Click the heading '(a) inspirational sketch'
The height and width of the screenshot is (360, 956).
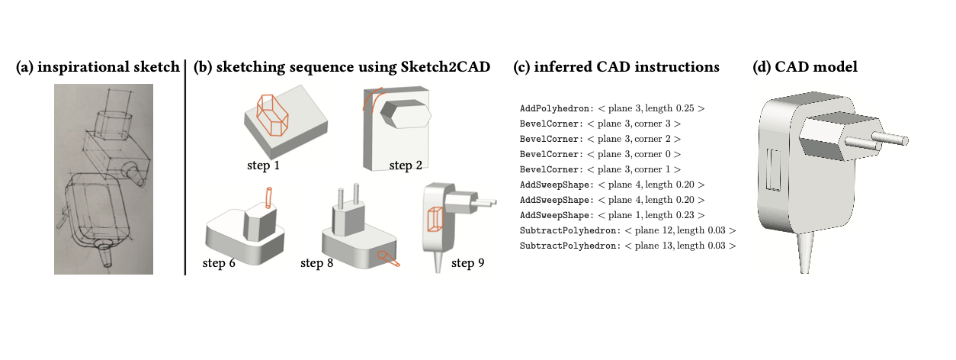click(98, 67)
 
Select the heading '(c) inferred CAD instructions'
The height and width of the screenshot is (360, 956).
click(616, 67)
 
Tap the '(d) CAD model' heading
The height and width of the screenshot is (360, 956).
click(805, 67)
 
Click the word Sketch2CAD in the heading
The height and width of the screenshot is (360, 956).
click(445, 67)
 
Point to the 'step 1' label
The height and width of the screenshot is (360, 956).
click(263, 166)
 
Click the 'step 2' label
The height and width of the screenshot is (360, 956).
click(406, 166)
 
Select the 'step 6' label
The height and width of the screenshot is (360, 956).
click(219, 262)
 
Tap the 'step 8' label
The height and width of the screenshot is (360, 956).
click(316, 262)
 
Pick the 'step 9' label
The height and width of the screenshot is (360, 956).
click(468, 262)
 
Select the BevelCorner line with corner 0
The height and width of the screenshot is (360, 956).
click(600, 154)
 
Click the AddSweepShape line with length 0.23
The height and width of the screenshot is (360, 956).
click(612, 215)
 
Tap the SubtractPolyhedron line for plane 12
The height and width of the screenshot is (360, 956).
click(627, 230)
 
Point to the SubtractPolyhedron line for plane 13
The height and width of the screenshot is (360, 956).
click(627, 246)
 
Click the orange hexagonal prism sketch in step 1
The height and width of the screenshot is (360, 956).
click(272, 115)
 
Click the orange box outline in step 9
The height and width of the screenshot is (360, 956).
click(435, 219)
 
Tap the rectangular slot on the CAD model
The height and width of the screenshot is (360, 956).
click(773, 169)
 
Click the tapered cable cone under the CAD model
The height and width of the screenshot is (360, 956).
click(805, 252)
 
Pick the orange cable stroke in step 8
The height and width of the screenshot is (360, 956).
click(388, 259)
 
